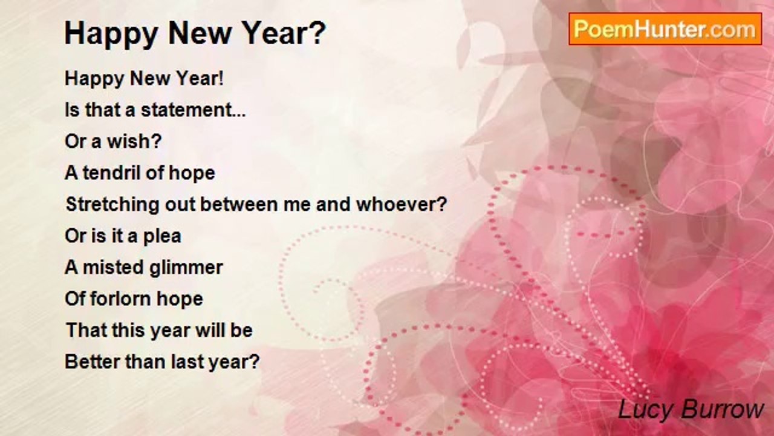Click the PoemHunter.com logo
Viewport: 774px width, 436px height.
click(x=665, y=29)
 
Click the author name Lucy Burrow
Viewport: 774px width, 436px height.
click(x=691, y=410)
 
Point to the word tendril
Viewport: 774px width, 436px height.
click(x=112, y=173)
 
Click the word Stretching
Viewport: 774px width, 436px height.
click(x=112, y=205)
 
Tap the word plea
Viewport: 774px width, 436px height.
click(x=162, y=237)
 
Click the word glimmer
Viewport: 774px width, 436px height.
click(x=186, y=268)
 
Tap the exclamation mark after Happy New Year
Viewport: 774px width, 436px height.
click(x=221, y=78)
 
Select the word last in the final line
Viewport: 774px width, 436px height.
click(x=186, y=362)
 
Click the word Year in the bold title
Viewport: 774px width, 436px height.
click(x=280, y=33)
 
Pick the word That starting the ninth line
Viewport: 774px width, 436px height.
click(x=82, y=330)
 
